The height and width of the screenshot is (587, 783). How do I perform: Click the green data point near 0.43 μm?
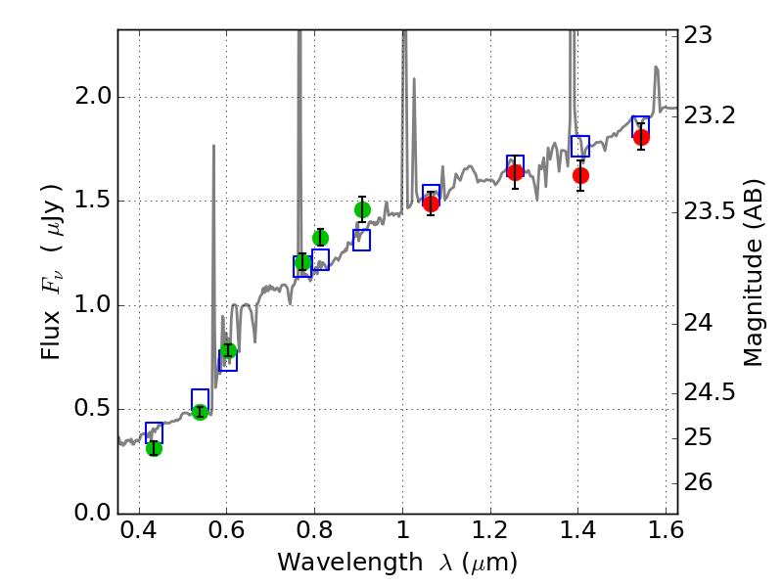[x=154, y=448]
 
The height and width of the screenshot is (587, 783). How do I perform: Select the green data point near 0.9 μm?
[x=362, y=209]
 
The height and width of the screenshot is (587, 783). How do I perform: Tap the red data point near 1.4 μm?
[x=580, y=175]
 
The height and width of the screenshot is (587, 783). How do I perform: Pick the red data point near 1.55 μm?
[x=641, y=137]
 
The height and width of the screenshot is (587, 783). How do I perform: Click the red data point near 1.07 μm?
[x=431, y=203]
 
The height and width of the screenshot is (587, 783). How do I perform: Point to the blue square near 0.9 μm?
[x=361, y=240]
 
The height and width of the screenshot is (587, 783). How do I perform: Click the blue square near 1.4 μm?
[x=580, y=147]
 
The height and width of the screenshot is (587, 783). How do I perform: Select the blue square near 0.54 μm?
[x=200, y=399]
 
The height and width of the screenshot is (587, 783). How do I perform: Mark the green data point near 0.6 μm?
[x=228, y=350]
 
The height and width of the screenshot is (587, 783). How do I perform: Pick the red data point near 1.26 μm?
[x=515, y=172]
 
